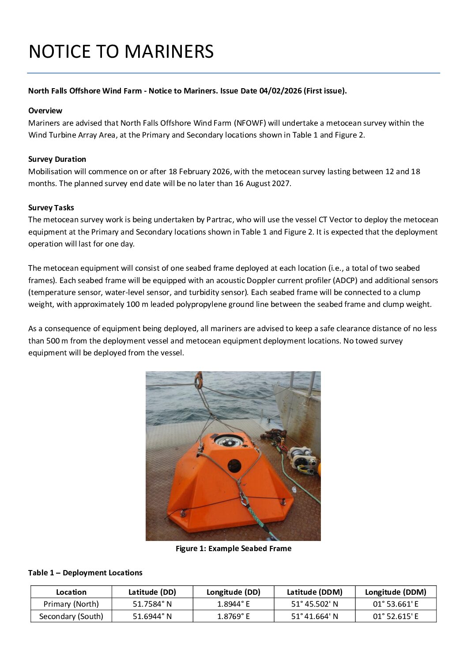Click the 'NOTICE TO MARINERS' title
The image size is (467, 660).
pos(121,52)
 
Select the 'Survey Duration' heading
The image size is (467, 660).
pos(57,159)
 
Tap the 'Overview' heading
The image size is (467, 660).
pos(45,111)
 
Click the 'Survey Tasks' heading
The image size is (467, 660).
pos(51,208)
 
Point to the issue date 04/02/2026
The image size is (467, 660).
pos(280,91)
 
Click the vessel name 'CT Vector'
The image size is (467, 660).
pos(335,220)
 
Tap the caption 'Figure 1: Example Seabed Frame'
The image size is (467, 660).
pos(233,548)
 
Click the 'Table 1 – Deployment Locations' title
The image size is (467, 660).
pos(85,573)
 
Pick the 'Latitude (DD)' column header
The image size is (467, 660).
pos(152,592)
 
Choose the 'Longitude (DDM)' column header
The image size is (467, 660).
pos(395,592)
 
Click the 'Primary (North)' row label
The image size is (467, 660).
pos(71,604)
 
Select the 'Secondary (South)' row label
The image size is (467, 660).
pos(71,616)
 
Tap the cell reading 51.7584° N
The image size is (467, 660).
pos(152,604)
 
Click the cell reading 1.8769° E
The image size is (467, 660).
pos(233,616)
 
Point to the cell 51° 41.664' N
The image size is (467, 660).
pos(314,616)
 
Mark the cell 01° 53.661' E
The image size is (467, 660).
pos(395,604)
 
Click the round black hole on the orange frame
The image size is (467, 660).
pos(234,465)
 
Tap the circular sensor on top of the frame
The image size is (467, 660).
pos(229,440)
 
